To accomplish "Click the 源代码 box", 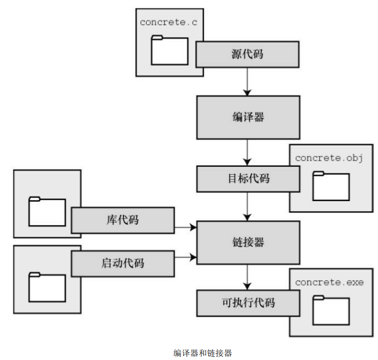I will coord(247,54).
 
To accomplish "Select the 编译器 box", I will coord(247,117).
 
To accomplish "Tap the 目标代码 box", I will coord(247,179).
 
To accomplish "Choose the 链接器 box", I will coord(247,243).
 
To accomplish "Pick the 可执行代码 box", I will coord(247,303).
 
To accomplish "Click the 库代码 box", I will coord(122,220).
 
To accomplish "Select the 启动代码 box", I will coord(122,262).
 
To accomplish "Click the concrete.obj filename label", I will coord(330,158).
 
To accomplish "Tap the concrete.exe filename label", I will coord(330,282).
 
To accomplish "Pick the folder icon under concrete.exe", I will coord(331,309).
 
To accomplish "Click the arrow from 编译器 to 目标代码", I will coord(247,152).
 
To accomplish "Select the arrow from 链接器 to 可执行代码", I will coord(247,277).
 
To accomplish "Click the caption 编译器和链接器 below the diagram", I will coord(202,353).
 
